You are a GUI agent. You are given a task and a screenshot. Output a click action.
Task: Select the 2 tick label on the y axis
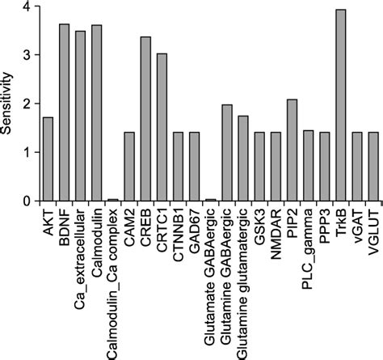click(x=25, y=104)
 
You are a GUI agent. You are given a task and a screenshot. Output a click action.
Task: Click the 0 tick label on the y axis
click(x=25, y=201)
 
